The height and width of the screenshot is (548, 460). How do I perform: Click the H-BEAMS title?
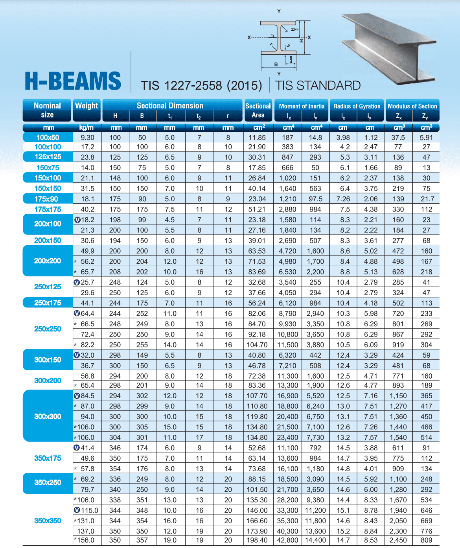coord(73,81)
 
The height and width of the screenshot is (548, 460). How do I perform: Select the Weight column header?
coord(86,106)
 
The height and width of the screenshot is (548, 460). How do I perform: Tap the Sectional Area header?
coord(258,110)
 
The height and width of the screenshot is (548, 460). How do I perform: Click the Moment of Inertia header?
coord(302,106)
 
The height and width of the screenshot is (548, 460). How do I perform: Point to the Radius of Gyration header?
coord(357,106)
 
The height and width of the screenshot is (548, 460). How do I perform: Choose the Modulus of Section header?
coord(412,106)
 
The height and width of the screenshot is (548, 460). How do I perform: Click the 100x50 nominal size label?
coord(48,137)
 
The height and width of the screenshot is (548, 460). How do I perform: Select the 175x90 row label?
coord(46,199)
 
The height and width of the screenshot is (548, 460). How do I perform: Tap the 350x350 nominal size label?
coord(48,520)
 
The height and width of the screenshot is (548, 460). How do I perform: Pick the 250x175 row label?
coord(48,303)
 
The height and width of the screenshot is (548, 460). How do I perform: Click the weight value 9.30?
coord(87,138)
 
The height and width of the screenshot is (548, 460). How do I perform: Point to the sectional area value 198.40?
coord(257,540)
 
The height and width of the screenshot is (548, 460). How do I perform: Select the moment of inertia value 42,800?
coord(287,540)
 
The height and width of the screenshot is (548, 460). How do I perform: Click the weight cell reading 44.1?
coord(87,303)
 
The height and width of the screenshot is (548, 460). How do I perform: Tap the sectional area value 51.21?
coord(257,210)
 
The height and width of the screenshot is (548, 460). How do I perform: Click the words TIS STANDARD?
coord(318,86)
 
